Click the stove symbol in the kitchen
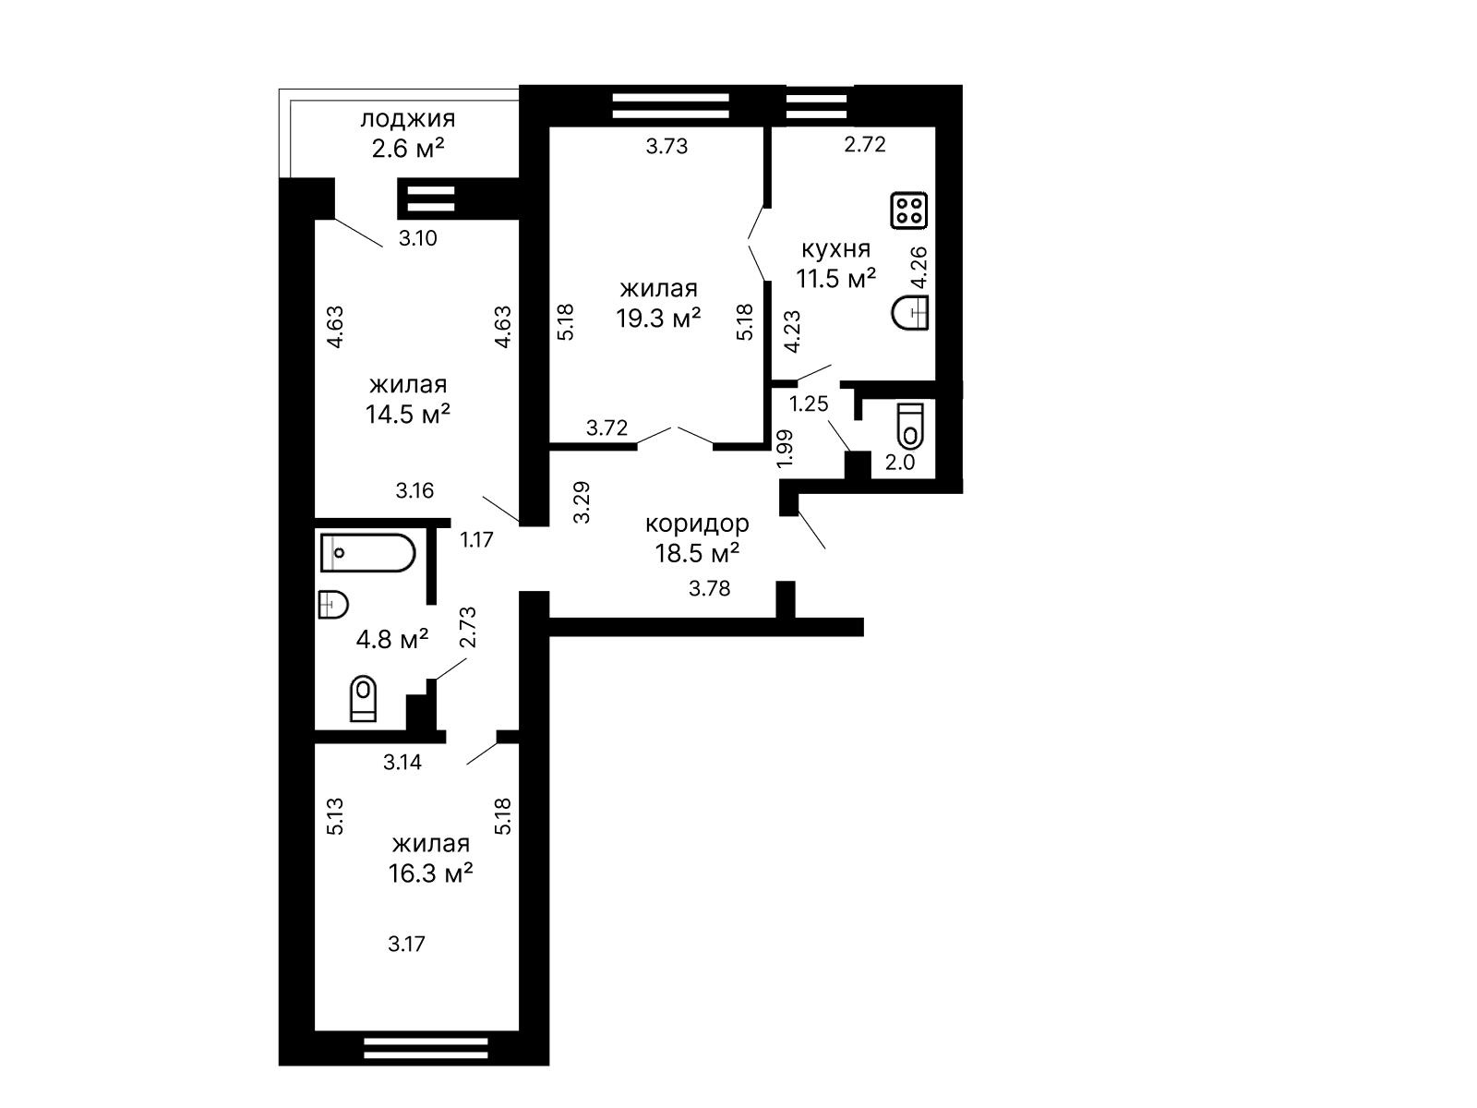[909, 210]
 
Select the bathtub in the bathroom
[367, 553]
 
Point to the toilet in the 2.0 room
[910, 426]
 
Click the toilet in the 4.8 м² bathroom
[364, 698]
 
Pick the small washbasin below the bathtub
[333, 604]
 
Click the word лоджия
[408, 119]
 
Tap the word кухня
[835, 249]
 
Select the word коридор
[697, 524]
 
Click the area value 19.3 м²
[659, 318]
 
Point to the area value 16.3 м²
[431, 873]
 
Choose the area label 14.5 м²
[408, 414]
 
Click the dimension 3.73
[666, 146]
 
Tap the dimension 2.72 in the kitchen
[865, 144]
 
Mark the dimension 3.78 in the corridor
[709, 589]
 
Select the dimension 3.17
[406, 944]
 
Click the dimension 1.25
[808, 403]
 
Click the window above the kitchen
[816, 105]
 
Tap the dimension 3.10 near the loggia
[418, 238]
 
